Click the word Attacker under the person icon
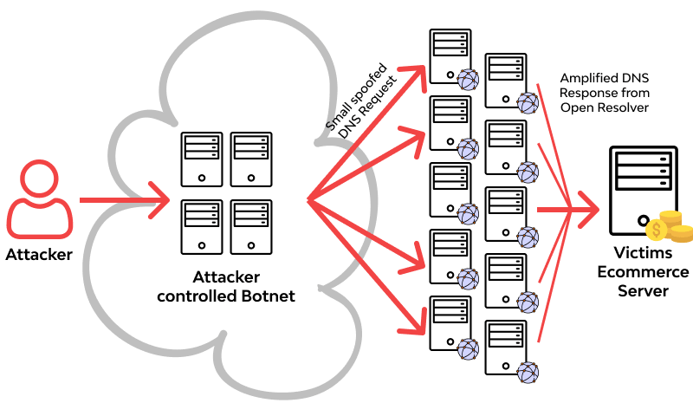[40, 255]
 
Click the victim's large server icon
[642, 190]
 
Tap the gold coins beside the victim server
[669, 227]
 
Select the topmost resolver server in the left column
[449, 53]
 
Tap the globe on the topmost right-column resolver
[527, 102]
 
